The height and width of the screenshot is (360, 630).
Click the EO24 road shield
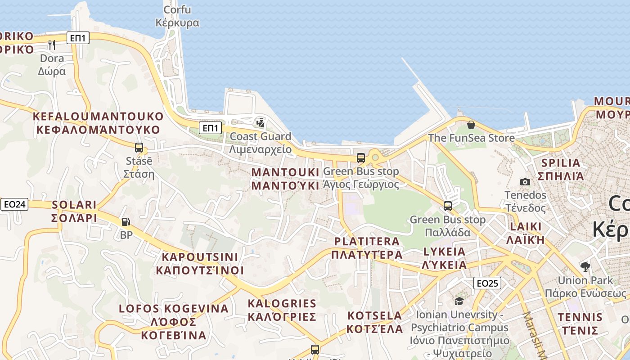pos(14,205)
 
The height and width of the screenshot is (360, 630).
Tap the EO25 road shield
pos(487,283)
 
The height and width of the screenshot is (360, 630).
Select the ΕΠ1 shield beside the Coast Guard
pos(211,128)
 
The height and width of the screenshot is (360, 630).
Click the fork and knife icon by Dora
pos(52,45)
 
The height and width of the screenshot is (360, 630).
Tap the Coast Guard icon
pos(260,122)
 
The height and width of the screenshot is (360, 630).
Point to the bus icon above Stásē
pos(139,147)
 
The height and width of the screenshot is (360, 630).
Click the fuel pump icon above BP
pos(126,221)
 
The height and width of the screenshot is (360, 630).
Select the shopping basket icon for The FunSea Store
pos(471,125)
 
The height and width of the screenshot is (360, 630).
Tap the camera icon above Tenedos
pos(525,182)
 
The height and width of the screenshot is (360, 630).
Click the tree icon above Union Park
pos(585,267)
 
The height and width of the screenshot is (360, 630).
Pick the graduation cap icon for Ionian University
pos(459,301)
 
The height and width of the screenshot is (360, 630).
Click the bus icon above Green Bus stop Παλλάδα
pos(447,206)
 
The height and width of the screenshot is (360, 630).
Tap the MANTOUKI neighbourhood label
pos(282,179)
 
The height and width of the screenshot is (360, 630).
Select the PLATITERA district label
pos(367,248)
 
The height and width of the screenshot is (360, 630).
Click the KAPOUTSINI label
pos(200,263)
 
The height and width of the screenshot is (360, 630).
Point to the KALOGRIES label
pos(282,310)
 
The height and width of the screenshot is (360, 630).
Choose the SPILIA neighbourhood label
pos(561,169)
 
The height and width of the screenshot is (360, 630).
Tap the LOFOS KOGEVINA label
pos(174,322)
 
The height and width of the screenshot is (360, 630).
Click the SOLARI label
pos(74,211)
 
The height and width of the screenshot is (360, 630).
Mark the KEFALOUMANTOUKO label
pos(98,123)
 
